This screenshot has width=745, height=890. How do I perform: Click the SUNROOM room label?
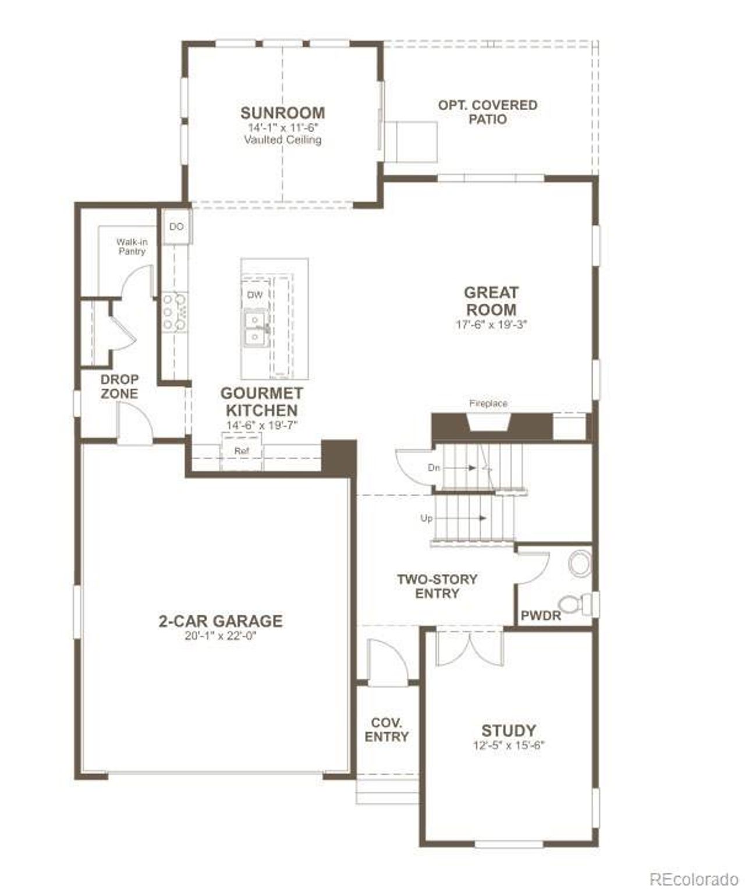tap(283, 112)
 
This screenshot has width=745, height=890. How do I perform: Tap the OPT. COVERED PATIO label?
tap(488, 112)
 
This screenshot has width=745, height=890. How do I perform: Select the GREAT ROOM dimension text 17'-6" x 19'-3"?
tap(491, 325)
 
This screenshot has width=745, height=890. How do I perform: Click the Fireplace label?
tap(488, 403)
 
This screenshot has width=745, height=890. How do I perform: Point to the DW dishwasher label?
tap(255, 295)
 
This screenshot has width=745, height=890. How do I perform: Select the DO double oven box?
tap(176, 226)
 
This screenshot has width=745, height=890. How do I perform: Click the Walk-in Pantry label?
tap(132, 246)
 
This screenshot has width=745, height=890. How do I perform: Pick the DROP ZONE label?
tap(119, 387)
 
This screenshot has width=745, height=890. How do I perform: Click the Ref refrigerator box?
tap(242, 451)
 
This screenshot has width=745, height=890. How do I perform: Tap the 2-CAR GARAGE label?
tap(221, 621)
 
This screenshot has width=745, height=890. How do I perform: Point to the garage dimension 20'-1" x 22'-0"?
tap(221, 636)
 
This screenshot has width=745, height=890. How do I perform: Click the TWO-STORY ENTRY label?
tap(437, 586)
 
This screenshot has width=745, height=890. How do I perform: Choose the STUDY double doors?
tap(470, 647)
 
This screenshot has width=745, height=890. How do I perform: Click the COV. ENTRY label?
tap(386, 729)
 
